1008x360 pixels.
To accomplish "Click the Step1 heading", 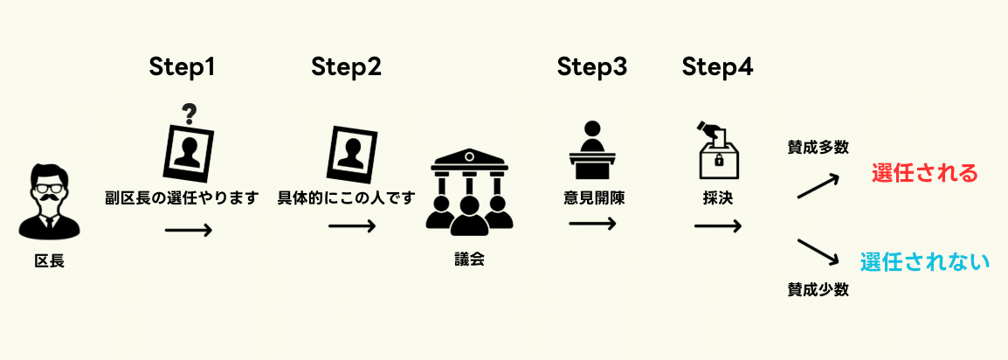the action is [x=182, y=67].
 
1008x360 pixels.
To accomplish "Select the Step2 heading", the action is [x=346, y=67].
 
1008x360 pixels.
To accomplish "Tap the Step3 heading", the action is [x=592, y=67].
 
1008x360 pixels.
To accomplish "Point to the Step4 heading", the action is [x=717, y=67].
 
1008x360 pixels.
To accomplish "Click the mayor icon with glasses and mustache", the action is [x=49, y=200].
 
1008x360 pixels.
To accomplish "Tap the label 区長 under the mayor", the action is [x=49, y=260].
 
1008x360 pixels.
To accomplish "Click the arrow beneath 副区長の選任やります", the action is [x=188, y=231].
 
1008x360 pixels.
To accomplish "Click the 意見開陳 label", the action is [x=593, y=197].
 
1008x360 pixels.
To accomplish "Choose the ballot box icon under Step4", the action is [x=717, y=149].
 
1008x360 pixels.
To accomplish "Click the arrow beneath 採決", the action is [x=718, y=226].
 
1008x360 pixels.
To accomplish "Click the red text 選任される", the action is [x=924, y=172].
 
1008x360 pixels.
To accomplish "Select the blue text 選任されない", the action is [x=924, y=260].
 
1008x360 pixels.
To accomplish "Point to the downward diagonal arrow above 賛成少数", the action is [x=818, y=251].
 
